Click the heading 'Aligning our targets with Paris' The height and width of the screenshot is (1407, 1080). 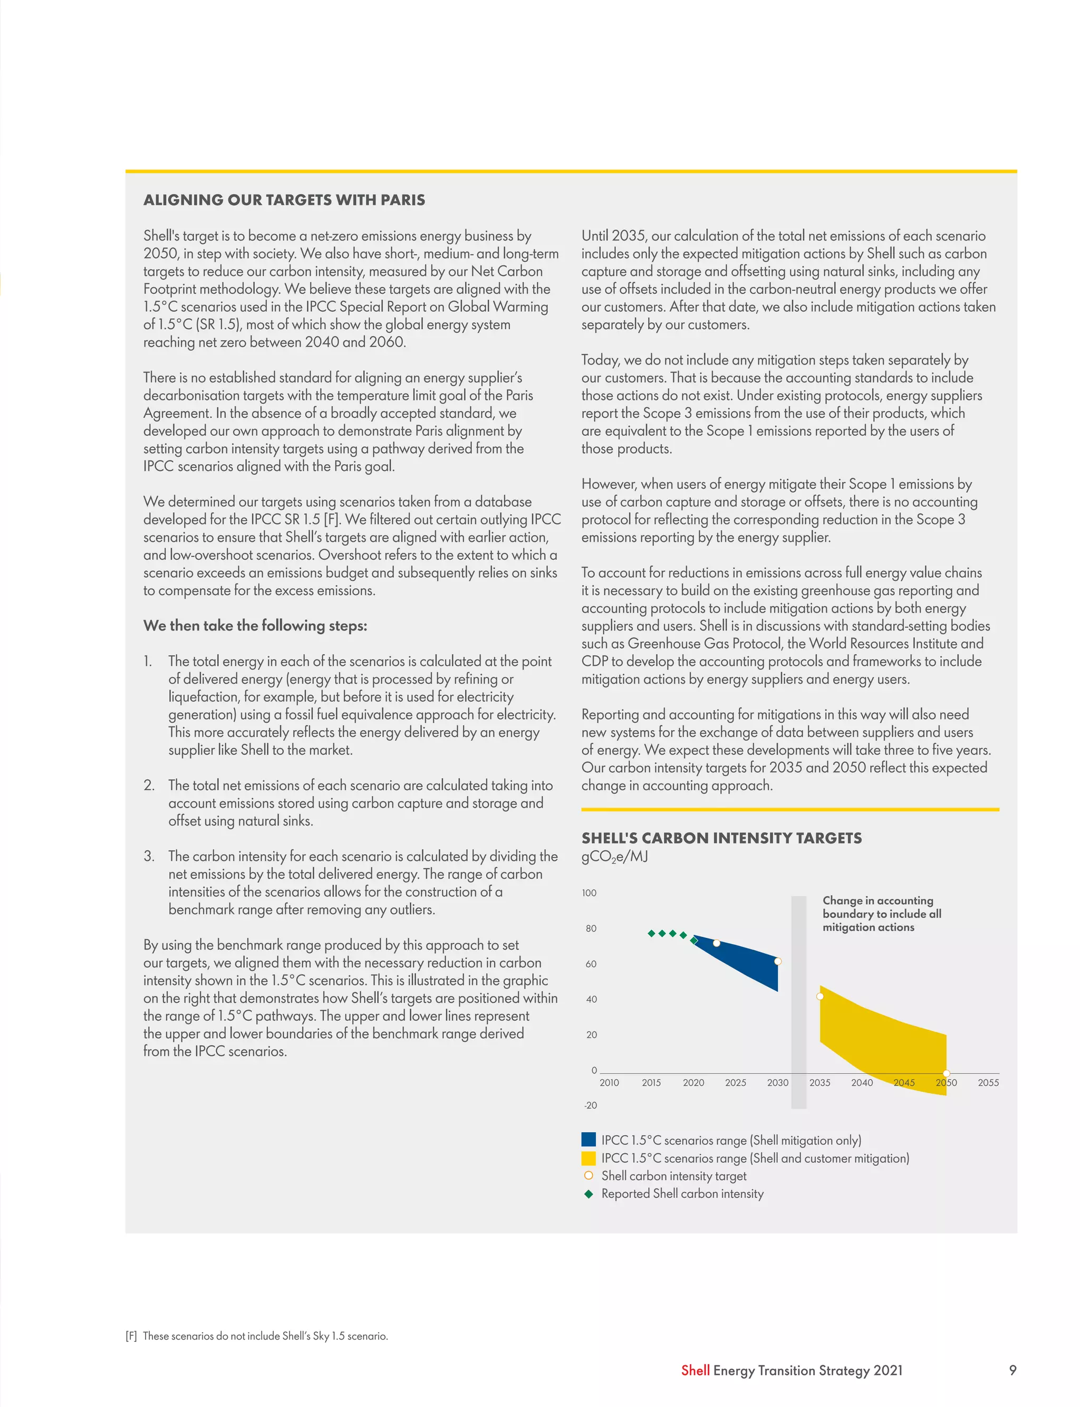click(x=284, y=200)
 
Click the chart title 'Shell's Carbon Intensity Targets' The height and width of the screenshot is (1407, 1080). click(x=721, y=838)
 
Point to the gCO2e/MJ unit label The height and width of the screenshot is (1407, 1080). click(x=614, y=857)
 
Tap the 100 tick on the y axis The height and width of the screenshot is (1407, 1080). click(x=589, y=893)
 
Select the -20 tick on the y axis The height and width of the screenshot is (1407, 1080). click(x=590, y=1105)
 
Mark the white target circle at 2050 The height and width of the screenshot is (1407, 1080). click(x=946, y=1073)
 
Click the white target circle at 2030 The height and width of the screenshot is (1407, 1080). click(x=778, y=961)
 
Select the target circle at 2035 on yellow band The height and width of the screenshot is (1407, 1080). click(x=819, y=997)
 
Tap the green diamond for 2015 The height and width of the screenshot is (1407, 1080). click(x=651, y=933)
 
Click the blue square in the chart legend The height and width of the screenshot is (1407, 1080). click(x=588, y=1140)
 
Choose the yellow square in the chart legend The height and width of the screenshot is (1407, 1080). click(x=588, y=1158)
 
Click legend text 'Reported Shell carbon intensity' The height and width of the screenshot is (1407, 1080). click(x=682, y=1193)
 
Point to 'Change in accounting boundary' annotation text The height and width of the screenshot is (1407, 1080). click(x=881, y=914)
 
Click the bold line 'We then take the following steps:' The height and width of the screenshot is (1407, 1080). click(x=255, y=626)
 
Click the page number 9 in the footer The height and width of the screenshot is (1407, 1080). click(x=1012, y=1370)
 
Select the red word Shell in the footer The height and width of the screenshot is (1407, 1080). click(x=695, y=1371)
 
